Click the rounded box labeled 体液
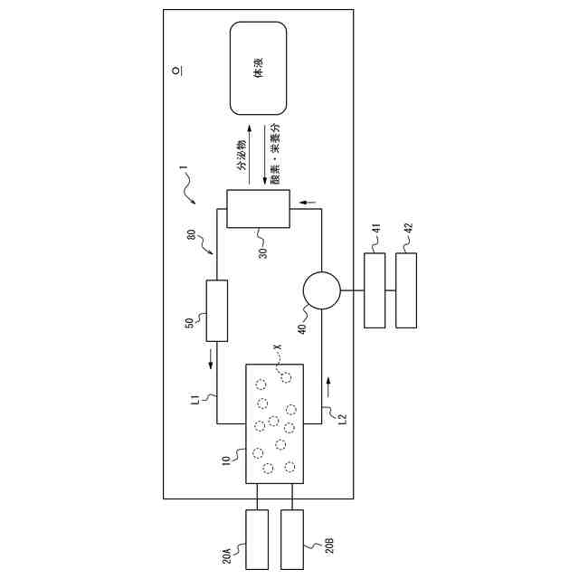tap(259, 69)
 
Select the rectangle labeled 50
tap(216, 310)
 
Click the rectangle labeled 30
tap(257, 209)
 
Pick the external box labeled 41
tap(375, 290)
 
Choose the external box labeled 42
tap(407, 290)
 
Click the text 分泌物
tap(242, 155)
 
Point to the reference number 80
tap(193, 238)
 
